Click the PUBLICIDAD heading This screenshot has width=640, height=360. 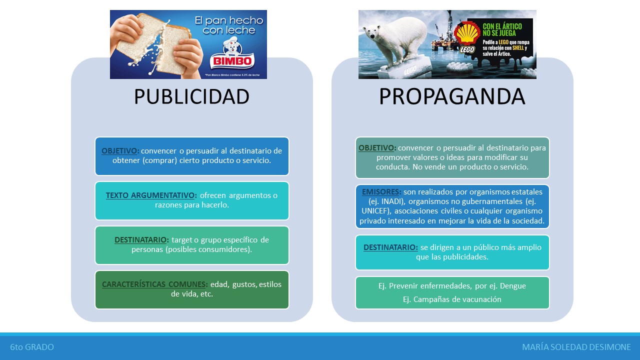click(x=191, y=96)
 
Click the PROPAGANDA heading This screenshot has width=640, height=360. click(x=452, y=96)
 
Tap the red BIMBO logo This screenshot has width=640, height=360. click(x=232, y=61)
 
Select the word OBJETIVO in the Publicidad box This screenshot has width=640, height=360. click(x=120, y=150)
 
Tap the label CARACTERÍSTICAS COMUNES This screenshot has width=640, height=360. click(x=154, y=284)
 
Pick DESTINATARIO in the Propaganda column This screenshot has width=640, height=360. click(x=390, y=247)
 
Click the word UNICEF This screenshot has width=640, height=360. click(x=375, y=211)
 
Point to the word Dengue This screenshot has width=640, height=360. click(x=512, y=286)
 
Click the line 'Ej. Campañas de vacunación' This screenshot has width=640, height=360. click(x=452, y=299)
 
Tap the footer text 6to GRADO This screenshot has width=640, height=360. click(x=32, y=347)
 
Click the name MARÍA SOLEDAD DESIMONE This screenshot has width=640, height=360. click(x=576, y=347)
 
